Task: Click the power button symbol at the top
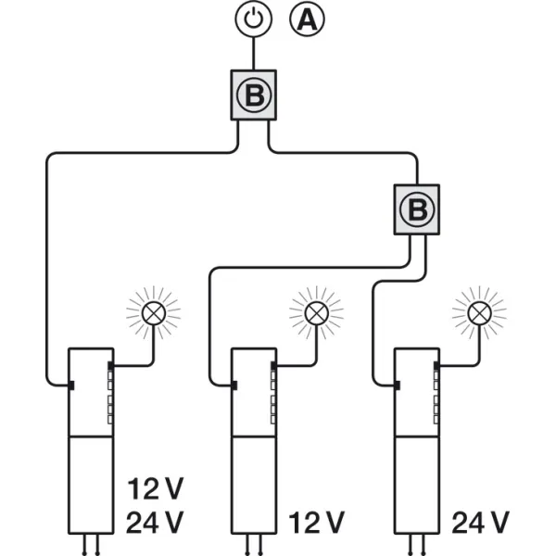pyautogui.click(x=254, y=19)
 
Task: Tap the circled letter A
pyautogui.click(x=307, y=19)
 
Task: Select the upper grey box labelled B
pyautogui.click(x=254, y=95)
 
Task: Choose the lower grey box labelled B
pyautogui.click(x=417, y=209)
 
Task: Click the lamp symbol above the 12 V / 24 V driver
pyautogui.click(x=154, y=313)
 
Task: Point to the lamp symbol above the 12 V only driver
pyautogui.click(x=317, y=313)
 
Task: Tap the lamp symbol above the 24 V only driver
pyautogui.click(x=479, y=313)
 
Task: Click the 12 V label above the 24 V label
pyautogui.click(x=156, y=489)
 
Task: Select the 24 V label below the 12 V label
pyautogui.click(x=155, y=523)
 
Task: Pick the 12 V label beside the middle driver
pyautogui.click(x=317, y=523)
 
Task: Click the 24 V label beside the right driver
pyautogui.click(x=480, y=523)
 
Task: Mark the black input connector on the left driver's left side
pyautogui.click(x=71, y=385)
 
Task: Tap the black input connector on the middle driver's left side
pyautogui.click(x=234, y=385)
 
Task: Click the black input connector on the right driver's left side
pyautogui.click(x=398, y=385)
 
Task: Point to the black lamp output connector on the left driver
pyautogui.click(x=110, y=365)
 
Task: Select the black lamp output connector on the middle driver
pyautogui.click(x=273, y=365)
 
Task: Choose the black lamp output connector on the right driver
pyautogui.click(x=436, y=365)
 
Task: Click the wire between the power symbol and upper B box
pyautogui.click(x=254, y=54)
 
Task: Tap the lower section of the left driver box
pyautogui.click(x=91, y=485)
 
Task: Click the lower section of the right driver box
pyautogui.click(x=417, y=485)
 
